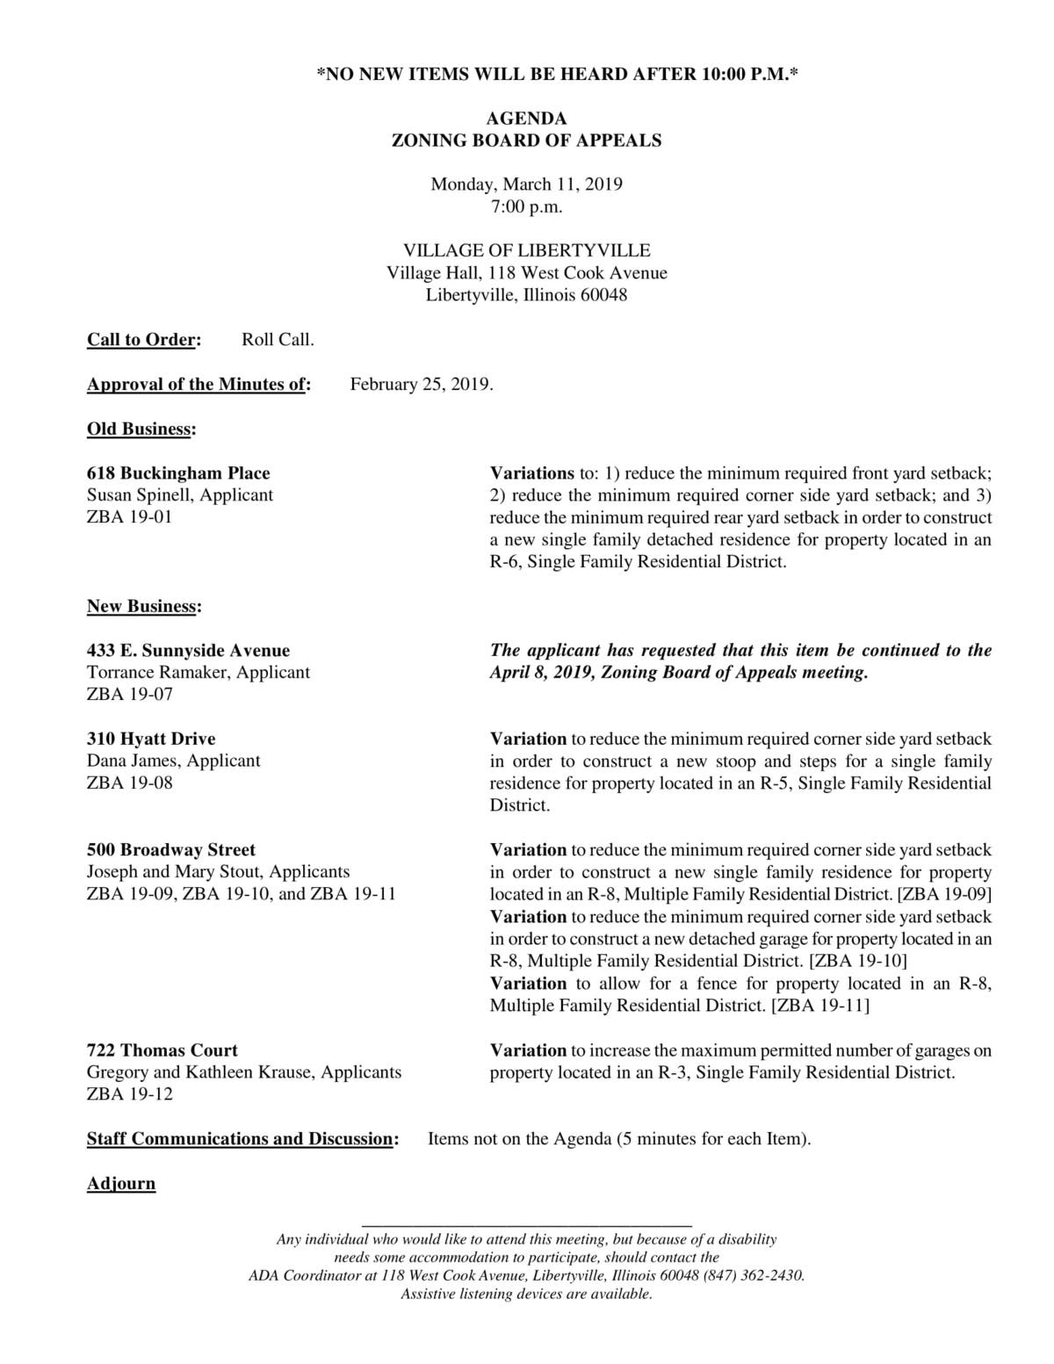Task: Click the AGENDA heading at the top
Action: pyautogui.click(x=526, y=118)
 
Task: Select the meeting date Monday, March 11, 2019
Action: pyautogui.click(x=526, y=184)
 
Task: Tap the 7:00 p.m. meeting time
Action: pyautogui.click(x=526, y=207)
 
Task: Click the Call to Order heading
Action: pyautogui.click(x=143, y=340)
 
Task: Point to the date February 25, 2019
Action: pyautogui.click(x=422, y=384)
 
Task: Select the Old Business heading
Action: pyautogui.click(x=141, y=429)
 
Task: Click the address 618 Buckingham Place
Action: pyautogui.click(x=178, y=473)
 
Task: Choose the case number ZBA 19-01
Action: pyautogui.click(x=129, y=517)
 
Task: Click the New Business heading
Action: pyautogui.click(x=143, y=606)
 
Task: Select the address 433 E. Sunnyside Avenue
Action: pyautogui.click(x=188, y=651)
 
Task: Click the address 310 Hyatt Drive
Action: pyautogui.click(x=151, y=739)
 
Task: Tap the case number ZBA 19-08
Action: pyautogui.click(x=129, y=783)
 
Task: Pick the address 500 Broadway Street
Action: pyautogui.click(x=171, y=850)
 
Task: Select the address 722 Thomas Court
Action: pyautogui.click(x=162, y=1050)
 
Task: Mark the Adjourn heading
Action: pyautogui.click(x=121, y=1183)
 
